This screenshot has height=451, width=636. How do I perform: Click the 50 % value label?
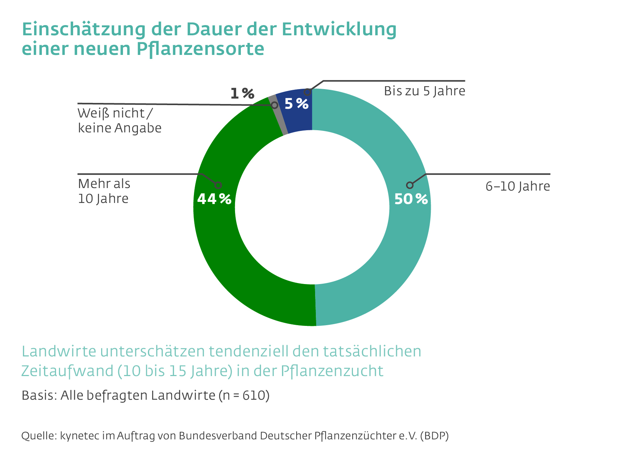click(411, 199)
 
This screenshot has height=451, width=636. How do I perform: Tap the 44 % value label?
click(214, 199)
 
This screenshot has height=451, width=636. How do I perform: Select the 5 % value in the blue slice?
click(297, 104)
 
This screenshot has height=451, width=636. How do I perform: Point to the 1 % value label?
click(242, 94)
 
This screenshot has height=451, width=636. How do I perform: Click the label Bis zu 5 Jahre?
click(424, 91)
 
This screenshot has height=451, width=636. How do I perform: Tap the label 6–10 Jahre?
click(517, 186)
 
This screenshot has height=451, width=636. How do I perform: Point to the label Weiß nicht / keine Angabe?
click(119, 121)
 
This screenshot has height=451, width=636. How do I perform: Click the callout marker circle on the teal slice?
click(410, 185)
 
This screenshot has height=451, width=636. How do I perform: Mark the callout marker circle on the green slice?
click(218, 185)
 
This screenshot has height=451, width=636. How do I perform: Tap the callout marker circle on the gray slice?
click(275, 105)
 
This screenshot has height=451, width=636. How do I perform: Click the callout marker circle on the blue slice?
click(307, 92)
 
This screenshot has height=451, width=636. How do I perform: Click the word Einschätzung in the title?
click(84, 29)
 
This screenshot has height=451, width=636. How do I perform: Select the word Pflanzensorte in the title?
click(200, 49)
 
